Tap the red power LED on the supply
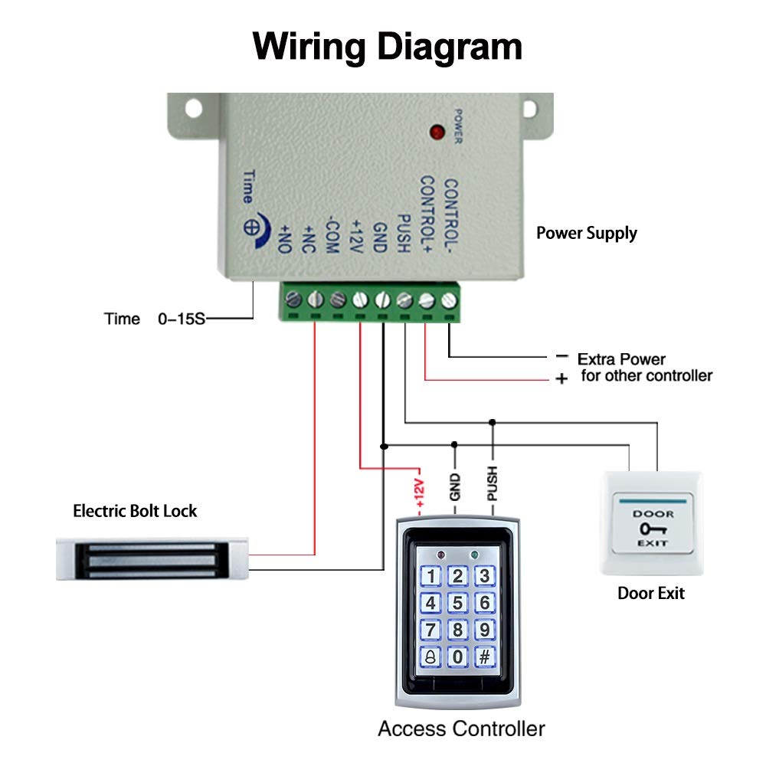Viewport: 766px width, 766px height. [x=438, y=132]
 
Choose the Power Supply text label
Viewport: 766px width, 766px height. [x=586, y=233]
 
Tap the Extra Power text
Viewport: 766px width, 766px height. [x=621, y=358]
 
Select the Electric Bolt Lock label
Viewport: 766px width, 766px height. [x=135, y=510]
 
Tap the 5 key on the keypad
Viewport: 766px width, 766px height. [x=458, y=604]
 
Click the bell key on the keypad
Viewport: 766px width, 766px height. [x=431, y=656]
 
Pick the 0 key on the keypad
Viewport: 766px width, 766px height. [x=458, y=656]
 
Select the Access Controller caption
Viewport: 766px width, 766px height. [x=461, y=728]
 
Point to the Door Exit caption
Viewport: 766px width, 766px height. [x=651, y=593]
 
